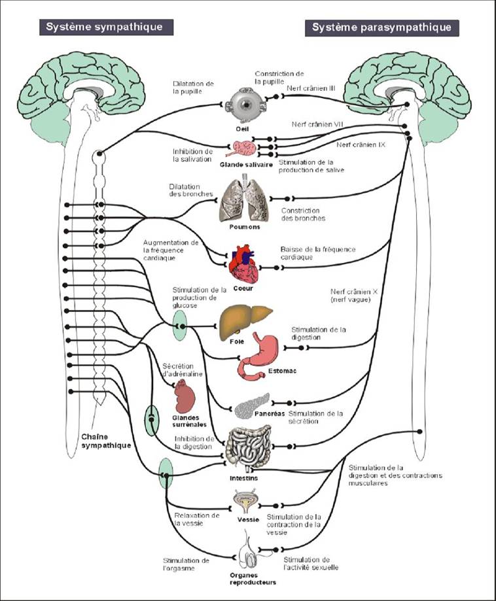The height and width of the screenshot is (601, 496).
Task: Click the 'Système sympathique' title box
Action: [x=109, y=27]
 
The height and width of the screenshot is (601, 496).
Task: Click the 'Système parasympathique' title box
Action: [x=381, y=27]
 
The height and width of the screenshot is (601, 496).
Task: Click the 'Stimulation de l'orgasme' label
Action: [x=188, y=564]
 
